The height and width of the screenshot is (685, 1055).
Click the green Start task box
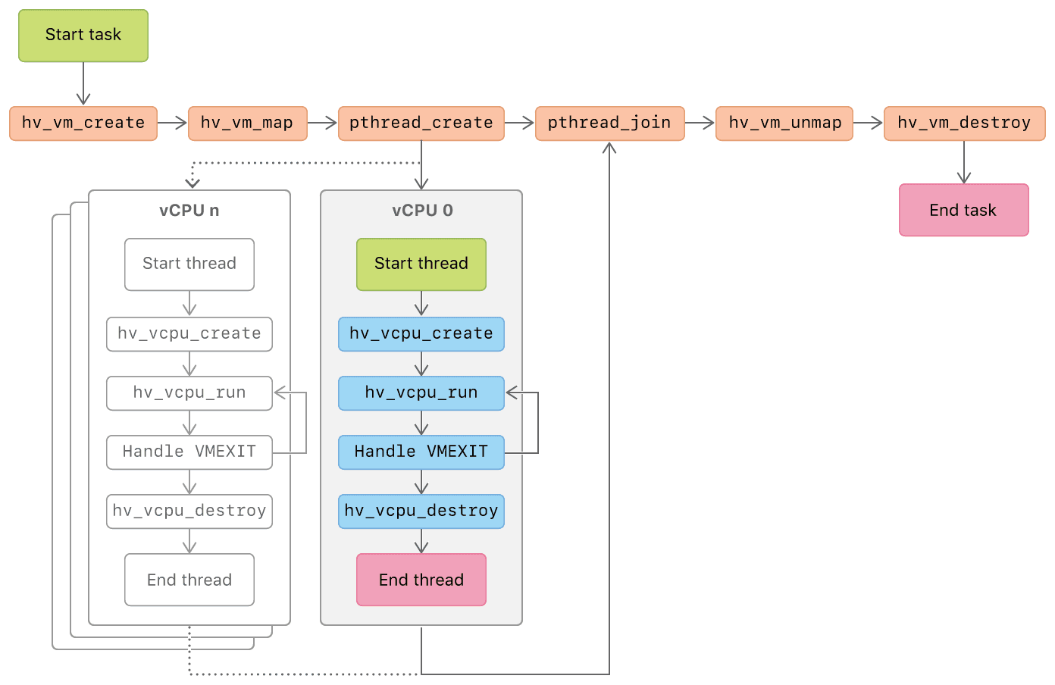pos(83,36)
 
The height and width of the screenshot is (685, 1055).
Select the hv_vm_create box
pos(83,124)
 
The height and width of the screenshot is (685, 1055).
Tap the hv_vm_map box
pos(247,124)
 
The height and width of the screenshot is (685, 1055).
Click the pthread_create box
pos(421,124)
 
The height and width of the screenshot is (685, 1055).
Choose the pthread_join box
pos(609,124)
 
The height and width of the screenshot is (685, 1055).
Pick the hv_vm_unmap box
pos(784,124)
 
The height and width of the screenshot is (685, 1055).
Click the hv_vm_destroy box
pos(964,124)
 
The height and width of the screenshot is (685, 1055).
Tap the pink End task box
pos(963,210)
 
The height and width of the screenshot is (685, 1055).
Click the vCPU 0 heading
pos(422,211)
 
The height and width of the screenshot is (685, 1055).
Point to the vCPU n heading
pos(189,211)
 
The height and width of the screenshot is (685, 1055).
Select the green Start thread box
pos(421,264)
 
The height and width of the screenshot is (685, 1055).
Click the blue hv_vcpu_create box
pos(421,334)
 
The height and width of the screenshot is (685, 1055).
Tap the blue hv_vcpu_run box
pos(421,393)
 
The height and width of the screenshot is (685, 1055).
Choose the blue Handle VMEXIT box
pos(421,452)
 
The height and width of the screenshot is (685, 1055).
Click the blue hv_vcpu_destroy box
pos(421,511)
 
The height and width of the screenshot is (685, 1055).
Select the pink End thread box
pos(421,580)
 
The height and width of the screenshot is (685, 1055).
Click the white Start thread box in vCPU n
pos(189,264)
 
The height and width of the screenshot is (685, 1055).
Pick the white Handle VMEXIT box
pos(189,452)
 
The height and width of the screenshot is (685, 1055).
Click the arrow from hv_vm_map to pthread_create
pos(322,124)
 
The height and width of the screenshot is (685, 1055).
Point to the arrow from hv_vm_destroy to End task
pos(964,162)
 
